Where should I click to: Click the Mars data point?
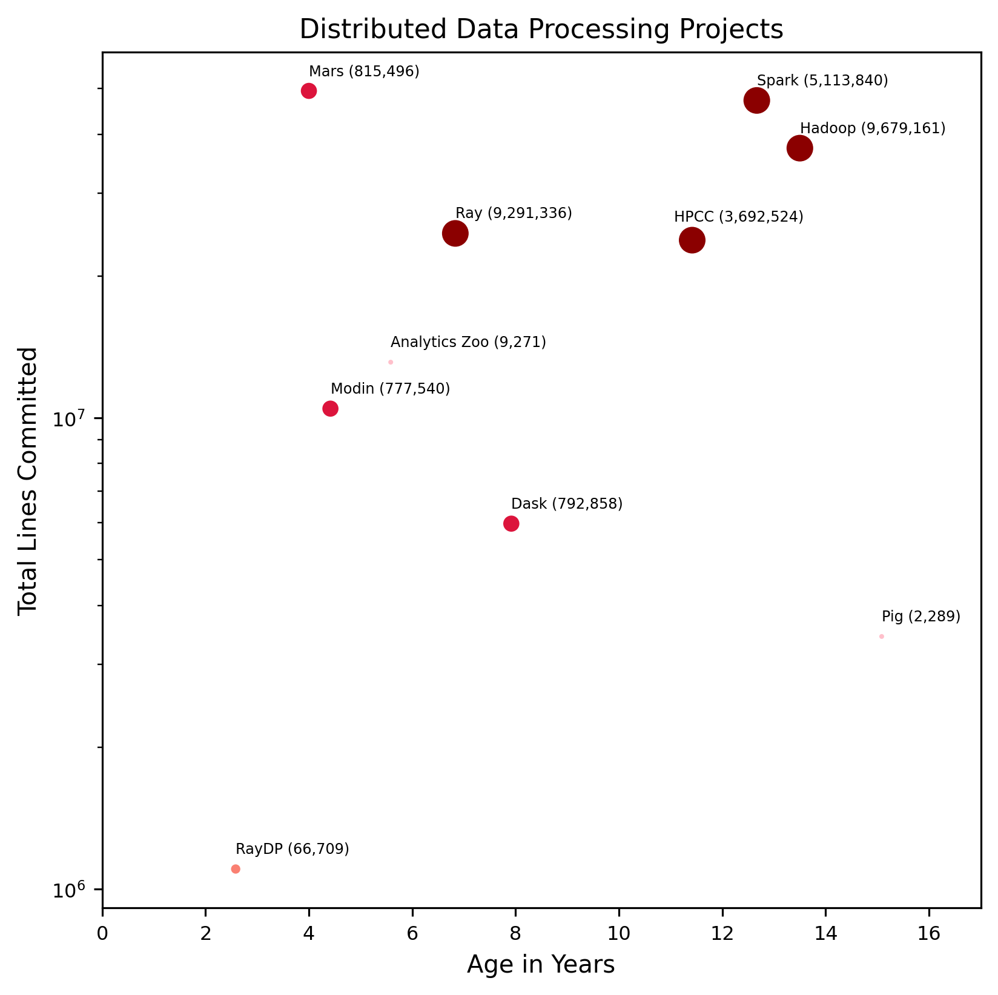click(x=309, y=91)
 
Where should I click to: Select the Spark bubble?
click(x=756, y=101)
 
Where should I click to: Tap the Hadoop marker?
click(x=799, y=148)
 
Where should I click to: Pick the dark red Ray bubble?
click(x=455, y=233)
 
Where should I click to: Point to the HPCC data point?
click(x=692, y=240)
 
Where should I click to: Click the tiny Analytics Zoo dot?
click(x=391, y=362)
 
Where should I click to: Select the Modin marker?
click(x=330, y=408)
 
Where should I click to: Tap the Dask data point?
click(x=511, y=524)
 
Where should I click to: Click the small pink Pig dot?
click(x=882, y=636)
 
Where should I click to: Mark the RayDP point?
click(x=236, y=869)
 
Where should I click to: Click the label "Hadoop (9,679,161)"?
click(x=872, y=128)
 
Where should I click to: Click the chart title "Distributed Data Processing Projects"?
click(x=541, y=29)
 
